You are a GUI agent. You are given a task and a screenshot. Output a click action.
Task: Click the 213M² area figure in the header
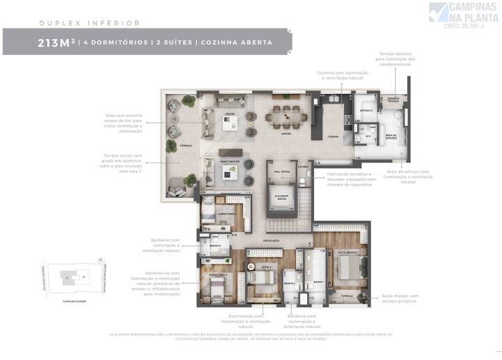[x=58, y=42]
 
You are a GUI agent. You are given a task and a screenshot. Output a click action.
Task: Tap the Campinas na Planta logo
[x=463, y=15]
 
